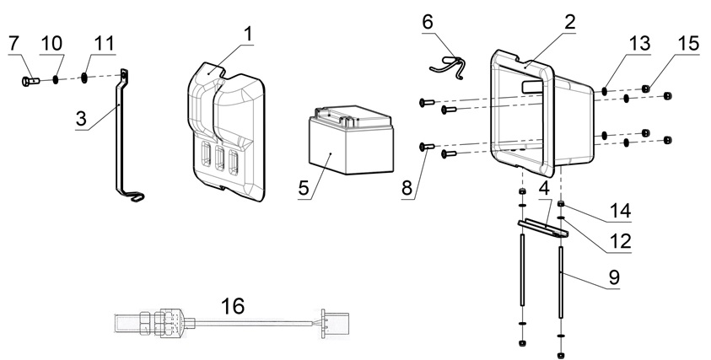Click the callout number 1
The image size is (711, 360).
(247, 34)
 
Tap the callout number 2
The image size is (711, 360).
(570, 23)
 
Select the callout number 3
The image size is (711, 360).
(82, 119)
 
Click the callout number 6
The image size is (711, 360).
(428, 21)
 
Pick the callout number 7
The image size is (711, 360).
(15, 42)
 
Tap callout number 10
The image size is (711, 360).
(51, 42)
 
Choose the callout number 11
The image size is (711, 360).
(103, 42)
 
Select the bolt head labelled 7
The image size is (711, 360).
(27, 81)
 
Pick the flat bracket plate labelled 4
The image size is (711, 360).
(540, 227)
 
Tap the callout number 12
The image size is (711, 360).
(620, 241)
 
